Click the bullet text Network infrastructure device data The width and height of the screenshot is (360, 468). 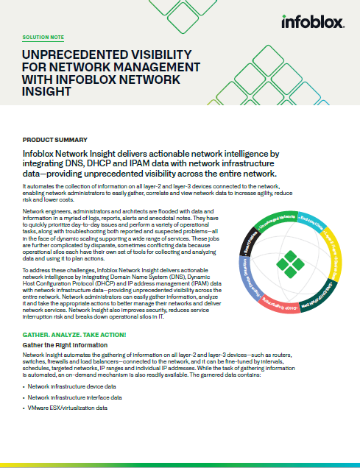72,386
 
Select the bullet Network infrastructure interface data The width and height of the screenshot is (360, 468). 76,397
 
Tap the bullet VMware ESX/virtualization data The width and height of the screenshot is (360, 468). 68,408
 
